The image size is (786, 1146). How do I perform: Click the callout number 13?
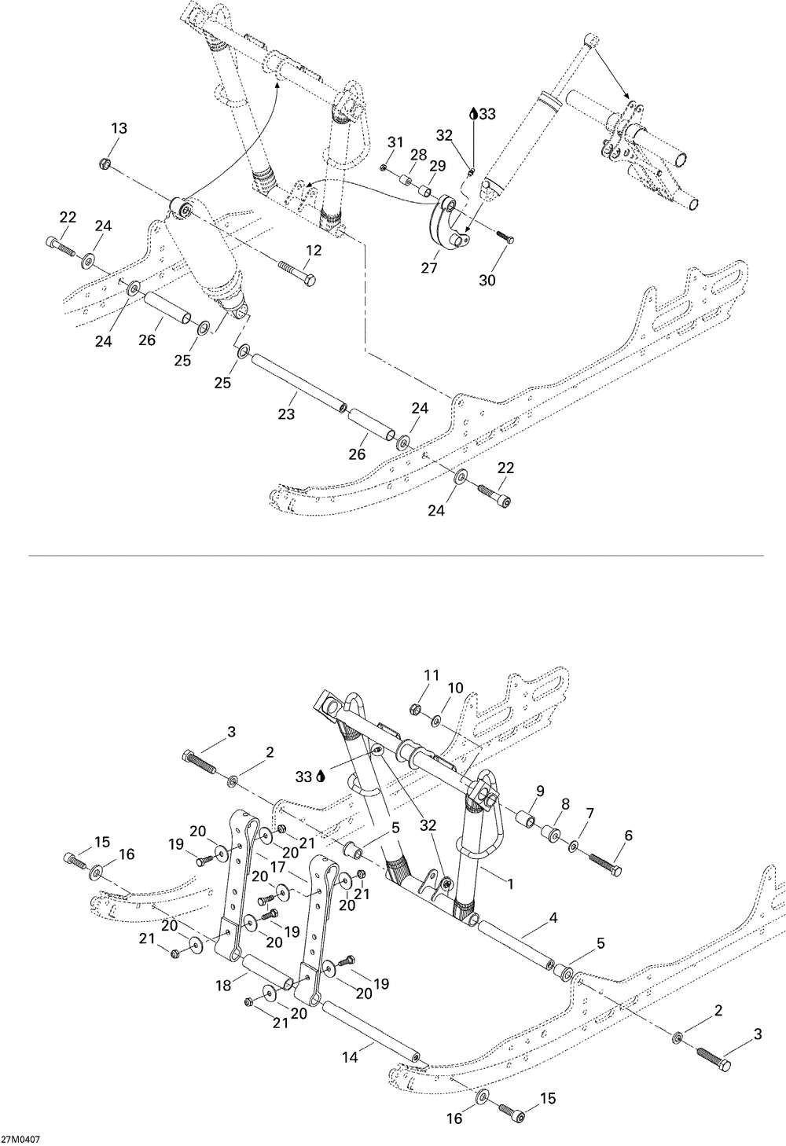click(119, 128)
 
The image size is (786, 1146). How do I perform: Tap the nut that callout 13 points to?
click(105, 163)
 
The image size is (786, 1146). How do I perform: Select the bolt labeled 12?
click(297, 273)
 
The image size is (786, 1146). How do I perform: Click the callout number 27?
click(429, 267)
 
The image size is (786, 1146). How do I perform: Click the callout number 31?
click(395, 142)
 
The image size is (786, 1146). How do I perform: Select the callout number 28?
click(418, 154)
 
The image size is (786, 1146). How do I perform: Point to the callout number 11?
click(432, 675)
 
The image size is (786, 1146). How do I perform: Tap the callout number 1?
click(510, 883)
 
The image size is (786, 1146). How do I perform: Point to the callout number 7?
click(589, 814)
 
